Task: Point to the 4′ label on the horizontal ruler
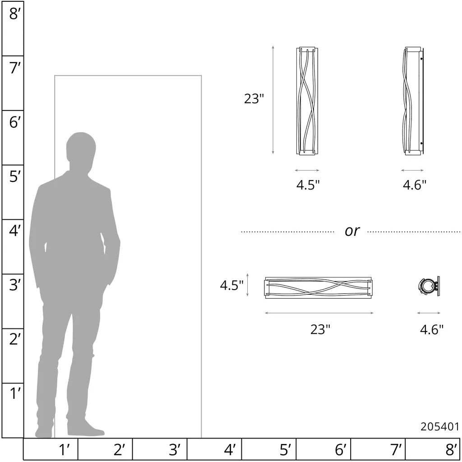click(x=230, y=449)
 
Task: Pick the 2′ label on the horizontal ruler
click(x=119, y=449)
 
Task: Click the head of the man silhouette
click(x=81, y=148)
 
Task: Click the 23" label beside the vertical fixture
click(x=254, y=98)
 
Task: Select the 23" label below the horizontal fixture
click(x=320, y=329)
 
